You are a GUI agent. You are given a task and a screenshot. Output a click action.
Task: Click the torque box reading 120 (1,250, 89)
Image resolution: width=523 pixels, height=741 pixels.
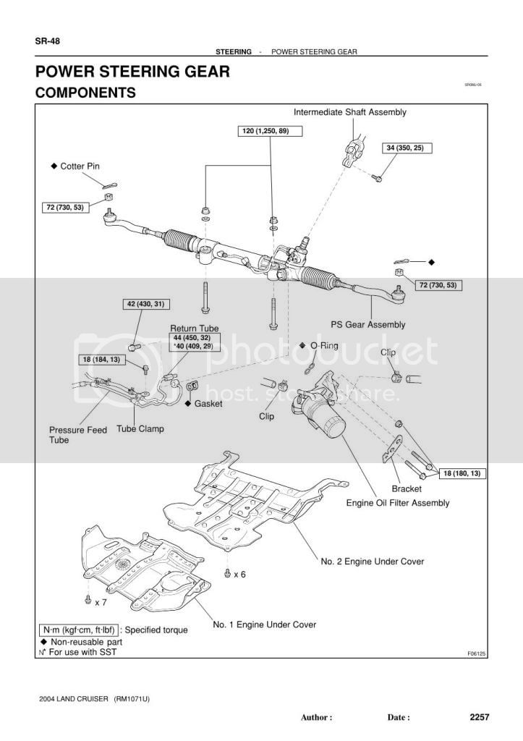270,131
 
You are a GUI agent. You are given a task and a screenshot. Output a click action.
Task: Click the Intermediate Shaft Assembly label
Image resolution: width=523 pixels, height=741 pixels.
350,112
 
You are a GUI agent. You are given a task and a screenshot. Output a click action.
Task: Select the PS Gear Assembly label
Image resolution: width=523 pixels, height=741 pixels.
368,325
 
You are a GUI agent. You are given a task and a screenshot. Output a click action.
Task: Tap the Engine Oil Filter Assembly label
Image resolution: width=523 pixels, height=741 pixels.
398,503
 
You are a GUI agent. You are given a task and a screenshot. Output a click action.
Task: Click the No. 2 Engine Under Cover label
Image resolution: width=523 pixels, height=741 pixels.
373,562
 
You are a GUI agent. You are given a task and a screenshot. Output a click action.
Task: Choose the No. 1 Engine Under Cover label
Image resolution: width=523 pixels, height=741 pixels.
265,624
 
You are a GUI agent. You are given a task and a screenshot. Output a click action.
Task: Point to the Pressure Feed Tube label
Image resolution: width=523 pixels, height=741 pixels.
78,435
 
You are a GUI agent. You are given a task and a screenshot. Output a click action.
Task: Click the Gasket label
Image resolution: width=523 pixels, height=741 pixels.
208,404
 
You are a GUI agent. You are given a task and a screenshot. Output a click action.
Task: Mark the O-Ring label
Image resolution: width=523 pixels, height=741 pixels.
324,345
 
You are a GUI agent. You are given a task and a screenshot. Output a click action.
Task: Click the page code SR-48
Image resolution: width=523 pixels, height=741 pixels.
47,41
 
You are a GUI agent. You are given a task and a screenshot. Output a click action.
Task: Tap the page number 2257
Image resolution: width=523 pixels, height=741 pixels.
479,717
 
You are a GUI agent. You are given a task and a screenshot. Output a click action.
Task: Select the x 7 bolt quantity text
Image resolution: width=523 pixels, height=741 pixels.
101,603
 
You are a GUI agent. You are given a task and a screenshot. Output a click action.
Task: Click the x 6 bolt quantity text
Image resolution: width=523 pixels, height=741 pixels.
239,574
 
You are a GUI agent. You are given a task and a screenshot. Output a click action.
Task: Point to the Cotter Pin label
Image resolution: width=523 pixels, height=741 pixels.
80,166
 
